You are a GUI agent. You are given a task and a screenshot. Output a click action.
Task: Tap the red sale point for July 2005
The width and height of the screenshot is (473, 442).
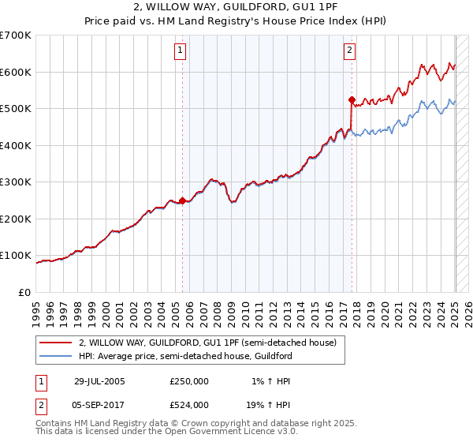[x=182, y=200]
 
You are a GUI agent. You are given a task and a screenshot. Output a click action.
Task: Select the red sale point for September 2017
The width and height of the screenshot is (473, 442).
[x=352, y=99]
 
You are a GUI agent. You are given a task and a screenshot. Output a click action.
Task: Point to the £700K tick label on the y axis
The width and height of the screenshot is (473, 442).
[x=16, y=36]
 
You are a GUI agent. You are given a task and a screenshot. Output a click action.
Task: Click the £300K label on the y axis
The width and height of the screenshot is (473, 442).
[x=16, y=182]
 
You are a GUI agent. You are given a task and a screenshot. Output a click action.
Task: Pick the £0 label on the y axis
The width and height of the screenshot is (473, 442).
[x=26, y=292]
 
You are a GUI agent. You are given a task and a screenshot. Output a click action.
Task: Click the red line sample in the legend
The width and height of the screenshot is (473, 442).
[x=56, y=343]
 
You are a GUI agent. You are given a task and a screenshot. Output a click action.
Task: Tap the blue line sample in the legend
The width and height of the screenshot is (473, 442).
[x=56, y=356]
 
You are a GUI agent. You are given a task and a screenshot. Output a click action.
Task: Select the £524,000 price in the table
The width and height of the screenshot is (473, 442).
[x=189, y=404]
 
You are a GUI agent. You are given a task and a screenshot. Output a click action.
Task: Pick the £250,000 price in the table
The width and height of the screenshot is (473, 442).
[x=189, y=381]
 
